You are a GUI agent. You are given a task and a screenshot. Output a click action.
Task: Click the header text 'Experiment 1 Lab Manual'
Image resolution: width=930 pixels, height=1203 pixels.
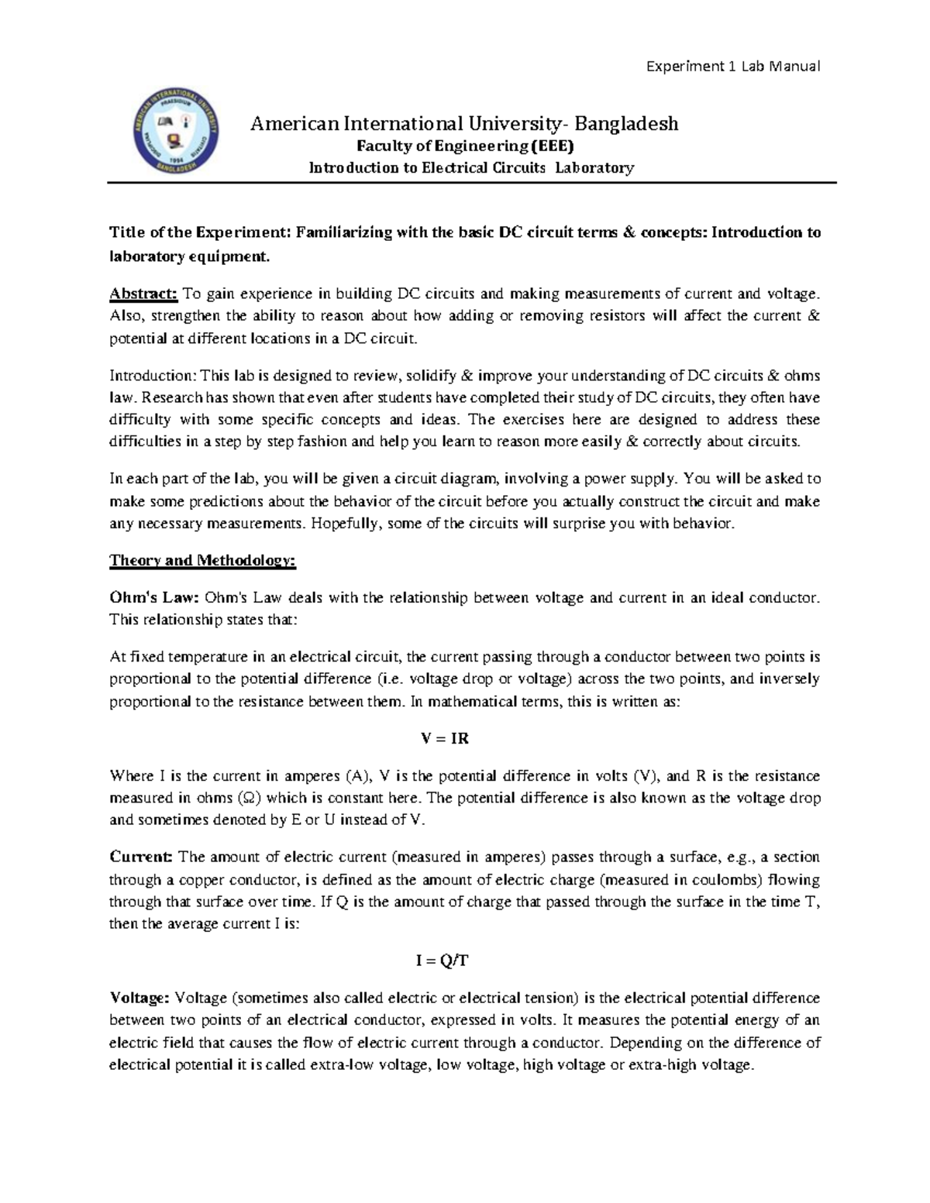point(733,66)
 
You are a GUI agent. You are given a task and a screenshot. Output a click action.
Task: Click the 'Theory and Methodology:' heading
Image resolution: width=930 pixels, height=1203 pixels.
point(202,560)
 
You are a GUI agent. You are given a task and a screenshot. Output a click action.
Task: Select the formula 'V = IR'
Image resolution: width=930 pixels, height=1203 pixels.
point(445,738)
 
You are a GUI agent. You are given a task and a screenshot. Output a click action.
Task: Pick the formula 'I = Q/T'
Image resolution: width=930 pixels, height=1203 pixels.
point(443,961)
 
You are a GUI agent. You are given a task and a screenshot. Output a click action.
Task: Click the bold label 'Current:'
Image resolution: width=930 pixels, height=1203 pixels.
point(140,857)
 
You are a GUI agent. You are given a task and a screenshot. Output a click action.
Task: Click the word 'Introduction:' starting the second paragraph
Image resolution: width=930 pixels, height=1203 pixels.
point(153,376)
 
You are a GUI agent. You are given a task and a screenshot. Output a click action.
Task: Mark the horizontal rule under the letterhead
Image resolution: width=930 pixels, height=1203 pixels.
point(473,184)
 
